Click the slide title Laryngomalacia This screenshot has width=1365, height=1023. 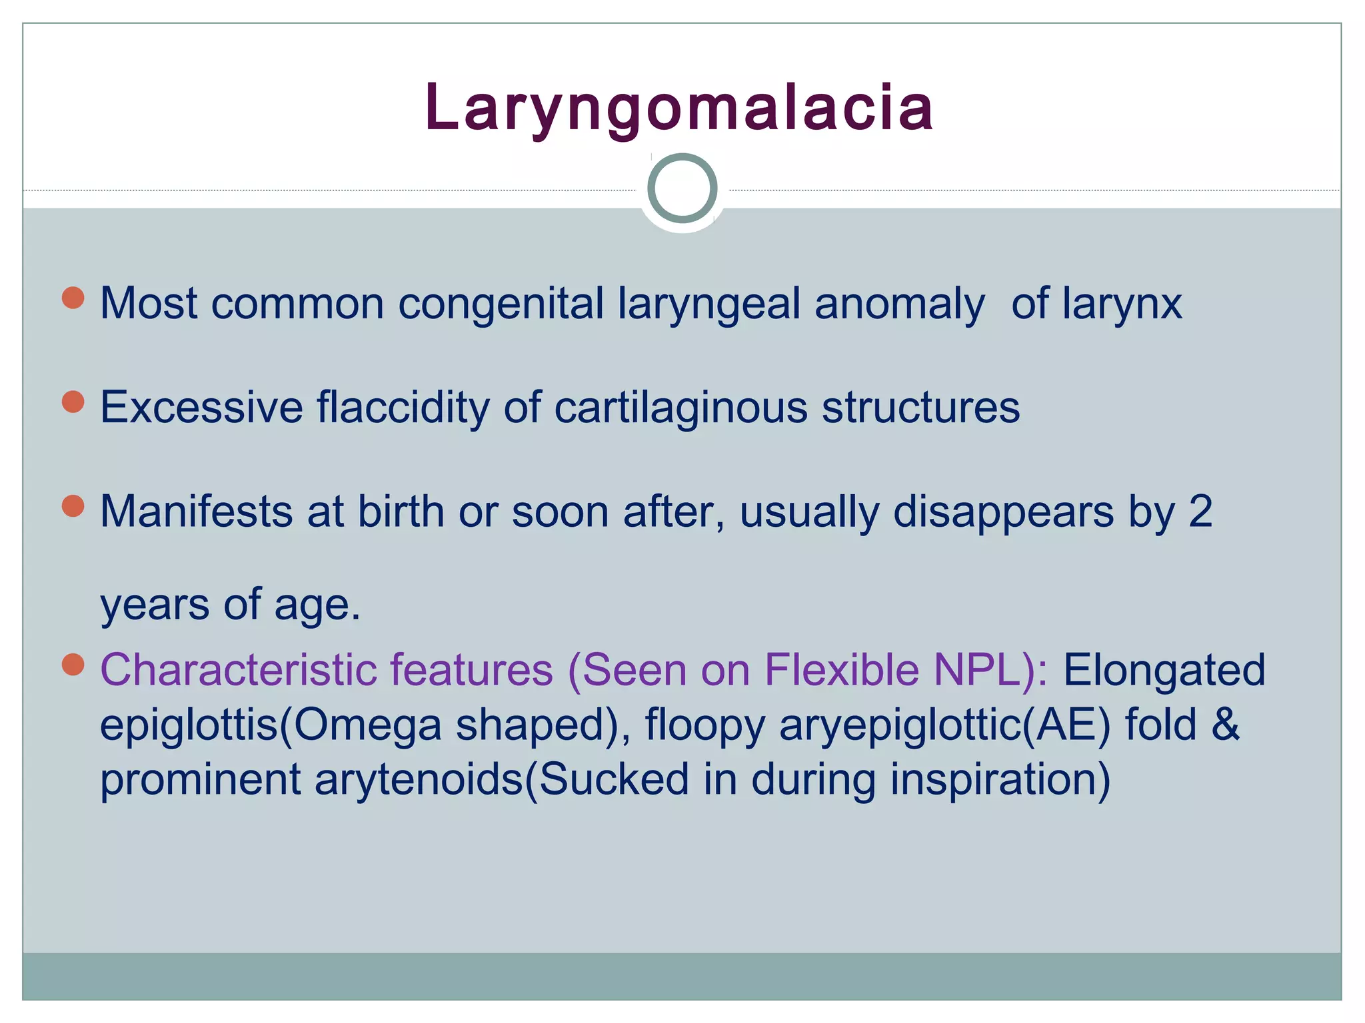(x=679, y=107)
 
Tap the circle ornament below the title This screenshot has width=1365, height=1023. (x=682, y=188)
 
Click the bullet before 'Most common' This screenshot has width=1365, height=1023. (x=73, y=298)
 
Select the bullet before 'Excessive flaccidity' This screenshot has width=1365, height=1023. (x=73, y=402)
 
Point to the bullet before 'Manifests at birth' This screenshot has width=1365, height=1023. (x=73, y=506)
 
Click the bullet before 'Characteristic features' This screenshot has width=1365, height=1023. (x=73, y=664)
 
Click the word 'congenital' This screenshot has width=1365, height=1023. (x=501, y=304)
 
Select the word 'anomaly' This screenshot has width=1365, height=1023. (x=899, y=304)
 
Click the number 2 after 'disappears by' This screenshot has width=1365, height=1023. (x=1200, y=511)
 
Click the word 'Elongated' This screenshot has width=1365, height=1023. (x=1164, y=669)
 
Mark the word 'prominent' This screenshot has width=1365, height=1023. (x=200, y=780)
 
